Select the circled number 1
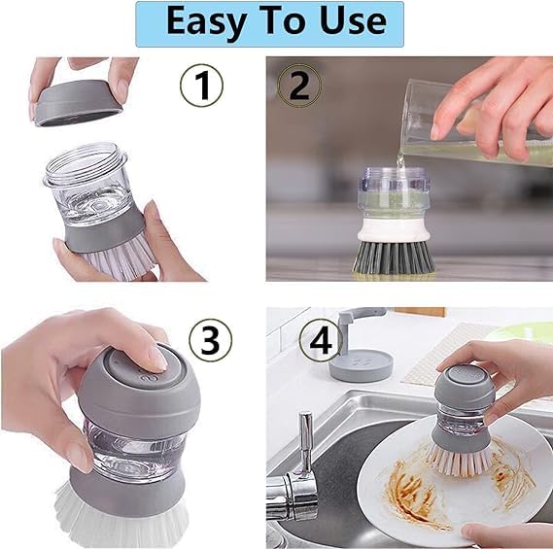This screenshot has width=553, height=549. pos(201,86)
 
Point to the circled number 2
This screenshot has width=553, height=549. pos(299,86)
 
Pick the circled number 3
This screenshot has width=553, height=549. pos(211,340)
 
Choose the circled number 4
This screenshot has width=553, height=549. pos(321,340)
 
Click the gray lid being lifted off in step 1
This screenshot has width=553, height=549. pos(79,102)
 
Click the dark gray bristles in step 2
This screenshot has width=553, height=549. pos(394,257)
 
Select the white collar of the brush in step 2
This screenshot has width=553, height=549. pos(394,230)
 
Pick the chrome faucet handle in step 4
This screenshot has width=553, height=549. pos(306,442)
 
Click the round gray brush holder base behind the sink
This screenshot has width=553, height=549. pos(361,365)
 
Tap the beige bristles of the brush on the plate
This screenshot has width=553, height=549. pos(459,459)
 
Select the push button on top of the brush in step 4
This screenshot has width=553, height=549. pos(463,375)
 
